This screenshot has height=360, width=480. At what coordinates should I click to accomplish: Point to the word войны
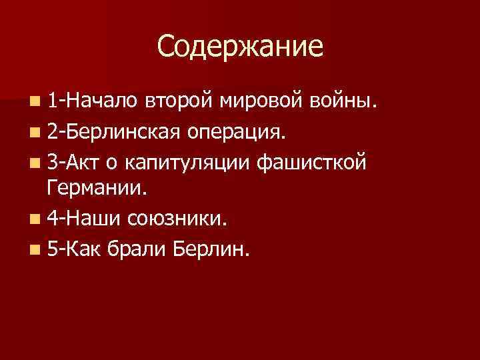click(x=344, y=101)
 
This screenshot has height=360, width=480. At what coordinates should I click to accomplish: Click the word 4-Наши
click(x=81, y=219)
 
